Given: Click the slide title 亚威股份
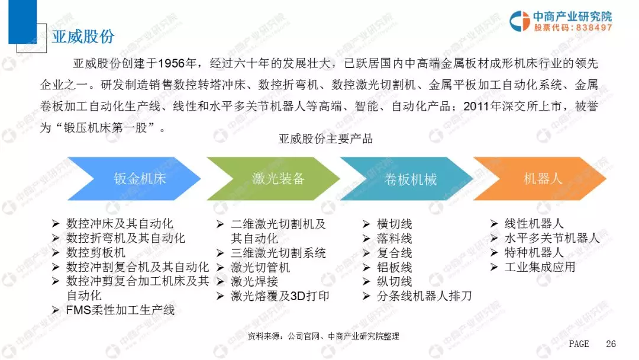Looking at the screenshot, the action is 83,36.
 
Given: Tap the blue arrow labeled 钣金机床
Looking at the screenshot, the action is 134,179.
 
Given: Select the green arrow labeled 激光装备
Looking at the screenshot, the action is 273,179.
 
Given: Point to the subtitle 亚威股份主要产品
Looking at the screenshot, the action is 325,139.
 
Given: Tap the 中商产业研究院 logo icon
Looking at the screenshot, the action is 519,21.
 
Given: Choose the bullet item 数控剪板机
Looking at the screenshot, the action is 96,253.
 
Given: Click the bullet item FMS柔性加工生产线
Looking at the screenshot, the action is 120,310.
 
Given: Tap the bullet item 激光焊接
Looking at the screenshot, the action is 254,281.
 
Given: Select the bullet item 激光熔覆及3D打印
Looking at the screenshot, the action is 280,296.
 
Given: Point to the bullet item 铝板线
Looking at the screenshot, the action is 395,268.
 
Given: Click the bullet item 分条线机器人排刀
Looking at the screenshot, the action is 424,296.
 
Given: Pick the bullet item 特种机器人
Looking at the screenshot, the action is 534,253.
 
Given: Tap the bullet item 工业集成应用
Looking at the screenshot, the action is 540,267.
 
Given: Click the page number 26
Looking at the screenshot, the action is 611,343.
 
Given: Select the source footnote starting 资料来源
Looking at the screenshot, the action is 323,336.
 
